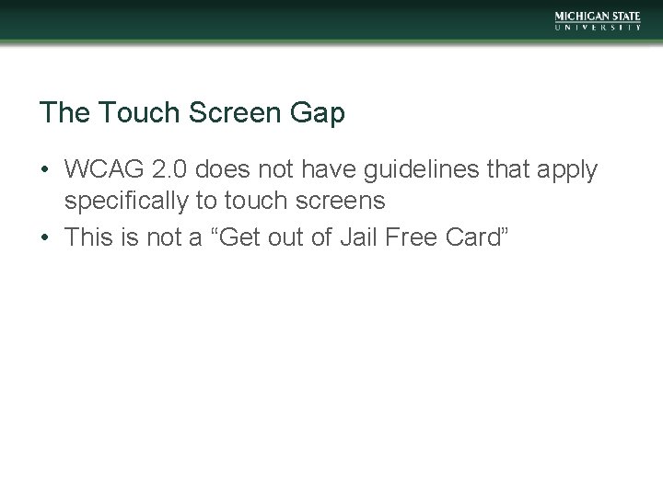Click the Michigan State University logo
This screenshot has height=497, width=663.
pos(598,21)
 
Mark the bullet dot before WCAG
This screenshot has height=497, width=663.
pos(44,171)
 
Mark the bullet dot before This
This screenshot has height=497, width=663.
pos(44,237)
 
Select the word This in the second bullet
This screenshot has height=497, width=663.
pos(88,237)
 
